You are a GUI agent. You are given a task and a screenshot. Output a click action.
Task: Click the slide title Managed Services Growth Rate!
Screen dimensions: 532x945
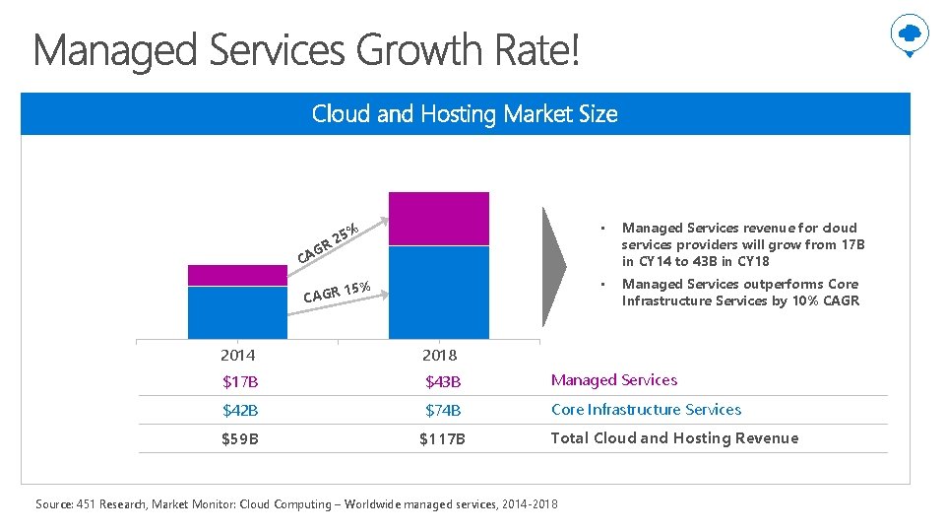coord(306,50)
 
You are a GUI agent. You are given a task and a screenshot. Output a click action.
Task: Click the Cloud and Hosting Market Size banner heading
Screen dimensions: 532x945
coord(465,114)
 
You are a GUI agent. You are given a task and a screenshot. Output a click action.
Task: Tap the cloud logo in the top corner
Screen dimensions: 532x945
coord(909,35)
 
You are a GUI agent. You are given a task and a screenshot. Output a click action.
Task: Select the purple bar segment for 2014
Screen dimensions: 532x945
coord(236,275)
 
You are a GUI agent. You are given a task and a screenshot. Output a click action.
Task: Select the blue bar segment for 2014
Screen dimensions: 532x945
coord(236,312)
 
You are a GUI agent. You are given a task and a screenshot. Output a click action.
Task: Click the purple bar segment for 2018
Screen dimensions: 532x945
coord(439,219)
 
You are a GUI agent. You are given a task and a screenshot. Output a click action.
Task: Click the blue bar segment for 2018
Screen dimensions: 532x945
coord(439,293)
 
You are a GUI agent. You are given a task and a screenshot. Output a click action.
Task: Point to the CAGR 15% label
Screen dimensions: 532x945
coord(337,293)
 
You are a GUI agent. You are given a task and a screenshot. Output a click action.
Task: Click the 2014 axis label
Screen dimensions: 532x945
coord(238,355)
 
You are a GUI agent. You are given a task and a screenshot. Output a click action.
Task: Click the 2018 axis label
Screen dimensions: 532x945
coord(440,355)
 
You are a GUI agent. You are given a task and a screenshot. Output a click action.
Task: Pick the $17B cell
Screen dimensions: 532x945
coord(240,381)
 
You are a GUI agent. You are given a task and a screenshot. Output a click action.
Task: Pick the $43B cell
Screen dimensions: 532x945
coord(443,381)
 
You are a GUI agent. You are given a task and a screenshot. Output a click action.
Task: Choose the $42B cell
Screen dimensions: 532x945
coord(240,410)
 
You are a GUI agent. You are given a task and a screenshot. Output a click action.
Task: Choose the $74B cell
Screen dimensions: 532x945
coord(443,410)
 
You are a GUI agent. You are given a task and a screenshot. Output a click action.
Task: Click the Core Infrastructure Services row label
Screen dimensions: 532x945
coord(646,410)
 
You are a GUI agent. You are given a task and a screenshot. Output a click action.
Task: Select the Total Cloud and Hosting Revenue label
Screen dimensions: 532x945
coord(674,438)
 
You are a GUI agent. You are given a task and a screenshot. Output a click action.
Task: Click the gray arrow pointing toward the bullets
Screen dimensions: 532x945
coord(555,265)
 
